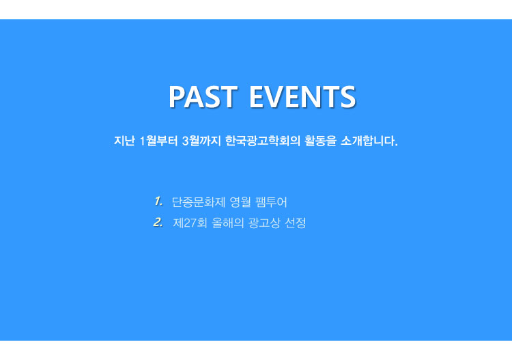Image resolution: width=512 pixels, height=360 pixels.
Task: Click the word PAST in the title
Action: coord(203,97)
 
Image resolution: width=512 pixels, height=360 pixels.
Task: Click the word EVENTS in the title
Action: coord(302,97)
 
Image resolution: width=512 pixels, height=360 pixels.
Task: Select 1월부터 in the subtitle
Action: coord(158,141)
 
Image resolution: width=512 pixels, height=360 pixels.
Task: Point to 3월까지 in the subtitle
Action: coord(202,141)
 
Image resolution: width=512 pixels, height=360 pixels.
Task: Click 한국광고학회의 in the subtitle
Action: coord(263,141)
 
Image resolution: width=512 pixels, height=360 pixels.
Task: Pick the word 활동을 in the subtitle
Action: coord(320,141)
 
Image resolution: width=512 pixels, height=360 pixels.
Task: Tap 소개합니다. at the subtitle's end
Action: coord(369,141)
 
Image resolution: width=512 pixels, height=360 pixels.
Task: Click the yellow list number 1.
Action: coord(158,202)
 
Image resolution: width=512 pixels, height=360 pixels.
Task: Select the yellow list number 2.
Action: coord(158,223)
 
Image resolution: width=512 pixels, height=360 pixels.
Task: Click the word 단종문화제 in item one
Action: coord(199,202)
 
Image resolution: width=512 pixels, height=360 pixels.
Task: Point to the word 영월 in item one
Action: coord(240,202)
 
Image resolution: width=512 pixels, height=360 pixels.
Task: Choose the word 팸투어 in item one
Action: coord(271,202)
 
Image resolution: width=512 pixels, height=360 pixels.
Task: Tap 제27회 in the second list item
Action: coord(190,223)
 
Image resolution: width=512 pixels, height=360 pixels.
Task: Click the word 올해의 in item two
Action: coord(227,223)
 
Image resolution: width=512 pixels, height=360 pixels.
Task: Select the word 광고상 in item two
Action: coord(264,223)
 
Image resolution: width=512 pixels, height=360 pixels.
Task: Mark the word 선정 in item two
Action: coord(296,223)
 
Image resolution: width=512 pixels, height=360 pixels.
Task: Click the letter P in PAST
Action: coord(177,97)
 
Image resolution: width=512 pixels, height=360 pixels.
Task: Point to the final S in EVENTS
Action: coord(348,97)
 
